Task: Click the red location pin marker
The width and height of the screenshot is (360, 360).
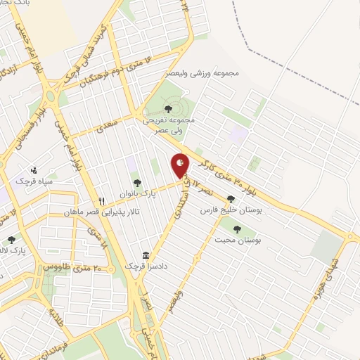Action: click(181, 165)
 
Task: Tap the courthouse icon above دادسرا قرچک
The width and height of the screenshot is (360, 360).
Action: click(146, 255)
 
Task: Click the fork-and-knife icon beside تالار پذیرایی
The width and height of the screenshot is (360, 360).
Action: click(102, 200)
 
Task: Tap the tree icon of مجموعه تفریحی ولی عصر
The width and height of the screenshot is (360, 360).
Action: click(167, 108)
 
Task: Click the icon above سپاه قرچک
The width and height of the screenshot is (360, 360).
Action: click(34, 170)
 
